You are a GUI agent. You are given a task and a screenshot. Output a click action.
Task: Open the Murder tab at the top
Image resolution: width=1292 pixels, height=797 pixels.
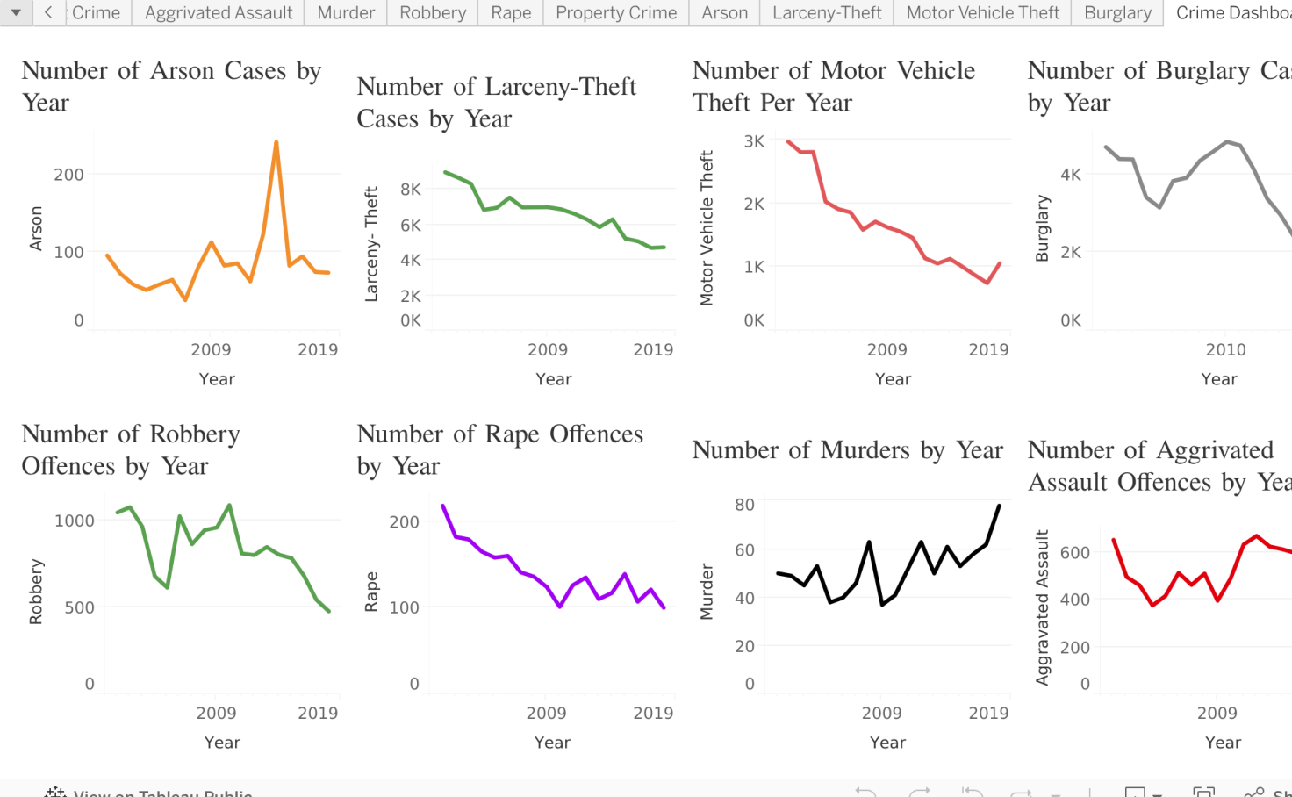(346, 13)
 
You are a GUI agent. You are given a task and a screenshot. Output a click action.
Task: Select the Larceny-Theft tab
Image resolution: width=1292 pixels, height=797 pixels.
(827, 13)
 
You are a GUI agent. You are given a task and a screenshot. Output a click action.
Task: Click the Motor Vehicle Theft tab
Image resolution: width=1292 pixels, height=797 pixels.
(982, 13)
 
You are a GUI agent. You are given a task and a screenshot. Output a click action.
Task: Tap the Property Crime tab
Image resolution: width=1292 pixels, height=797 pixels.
(616, 13)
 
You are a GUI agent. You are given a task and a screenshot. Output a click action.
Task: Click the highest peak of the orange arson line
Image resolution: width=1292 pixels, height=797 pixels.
(276, 142)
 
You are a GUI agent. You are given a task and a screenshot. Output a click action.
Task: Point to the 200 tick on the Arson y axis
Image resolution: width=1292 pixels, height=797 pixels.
(68, 175)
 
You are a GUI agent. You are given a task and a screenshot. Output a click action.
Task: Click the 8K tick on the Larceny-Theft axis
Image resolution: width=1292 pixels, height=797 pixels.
(411, 190)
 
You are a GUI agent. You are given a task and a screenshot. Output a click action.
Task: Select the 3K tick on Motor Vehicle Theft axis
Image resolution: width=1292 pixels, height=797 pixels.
(754, 141)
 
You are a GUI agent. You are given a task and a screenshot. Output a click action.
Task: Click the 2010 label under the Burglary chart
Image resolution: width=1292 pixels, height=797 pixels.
(1225, 350)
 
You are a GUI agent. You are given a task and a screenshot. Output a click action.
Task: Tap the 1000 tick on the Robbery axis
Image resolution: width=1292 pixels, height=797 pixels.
(75, 521)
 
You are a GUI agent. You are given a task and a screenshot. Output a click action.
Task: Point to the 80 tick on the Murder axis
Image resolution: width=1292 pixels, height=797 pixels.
(744, 505)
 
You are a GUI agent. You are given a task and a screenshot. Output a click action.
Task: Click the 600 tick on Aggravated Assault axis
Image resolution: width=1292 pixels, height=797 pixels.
(1074, 553)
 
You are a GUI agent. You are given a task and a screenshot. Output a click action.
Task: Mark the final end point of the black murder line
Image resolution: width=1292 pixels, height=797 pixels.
(999, 506)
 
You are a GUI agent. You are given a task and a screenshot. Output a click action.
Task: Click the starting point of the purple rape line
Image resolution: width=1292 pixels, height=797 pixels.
(442, 506)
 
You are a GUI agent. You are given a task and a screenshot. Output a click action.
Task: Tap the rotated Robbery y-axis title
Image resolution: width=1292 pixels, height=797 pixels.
(36, 592)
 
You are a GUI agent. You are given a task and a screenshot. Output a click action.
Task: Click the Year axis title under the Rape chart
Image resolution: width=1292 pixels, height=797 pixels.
(552, 743)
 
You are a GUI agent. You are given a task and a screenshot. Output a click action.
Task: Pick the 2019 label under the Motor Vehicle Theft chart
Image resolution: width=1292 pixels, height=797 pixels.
(988, 350)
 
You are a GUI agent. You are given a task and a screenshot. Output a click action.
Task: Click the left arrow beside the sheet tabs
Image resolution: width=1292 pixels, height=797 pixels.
(48, 12)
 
